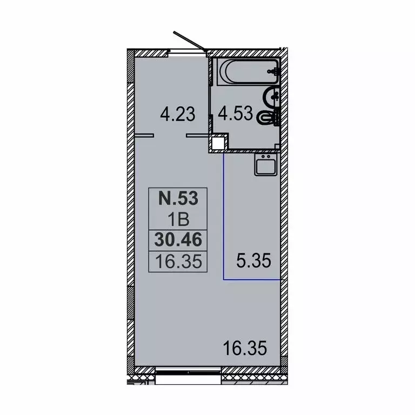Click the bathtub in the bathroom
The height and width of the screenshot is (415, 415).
pos(248,72)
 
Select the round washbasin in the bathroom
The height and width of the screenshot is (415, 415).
pos(271,97)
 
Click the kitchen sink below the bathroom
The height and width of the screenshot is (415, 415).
pos(266,165)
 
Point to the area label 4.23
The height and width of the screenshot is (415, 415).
pos(178,115)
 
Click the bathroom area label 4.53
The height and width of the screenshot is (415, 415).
pos(235,113)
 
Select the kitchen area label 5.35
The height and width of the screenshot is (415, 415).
pos(253,260)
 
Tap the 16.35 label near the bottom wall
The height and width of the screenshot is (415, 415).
pos(245,348)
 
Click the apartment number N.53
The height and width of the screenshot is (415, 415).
pos(178,198)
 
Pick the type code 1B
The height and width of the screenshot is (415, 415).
pos(178,220)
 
